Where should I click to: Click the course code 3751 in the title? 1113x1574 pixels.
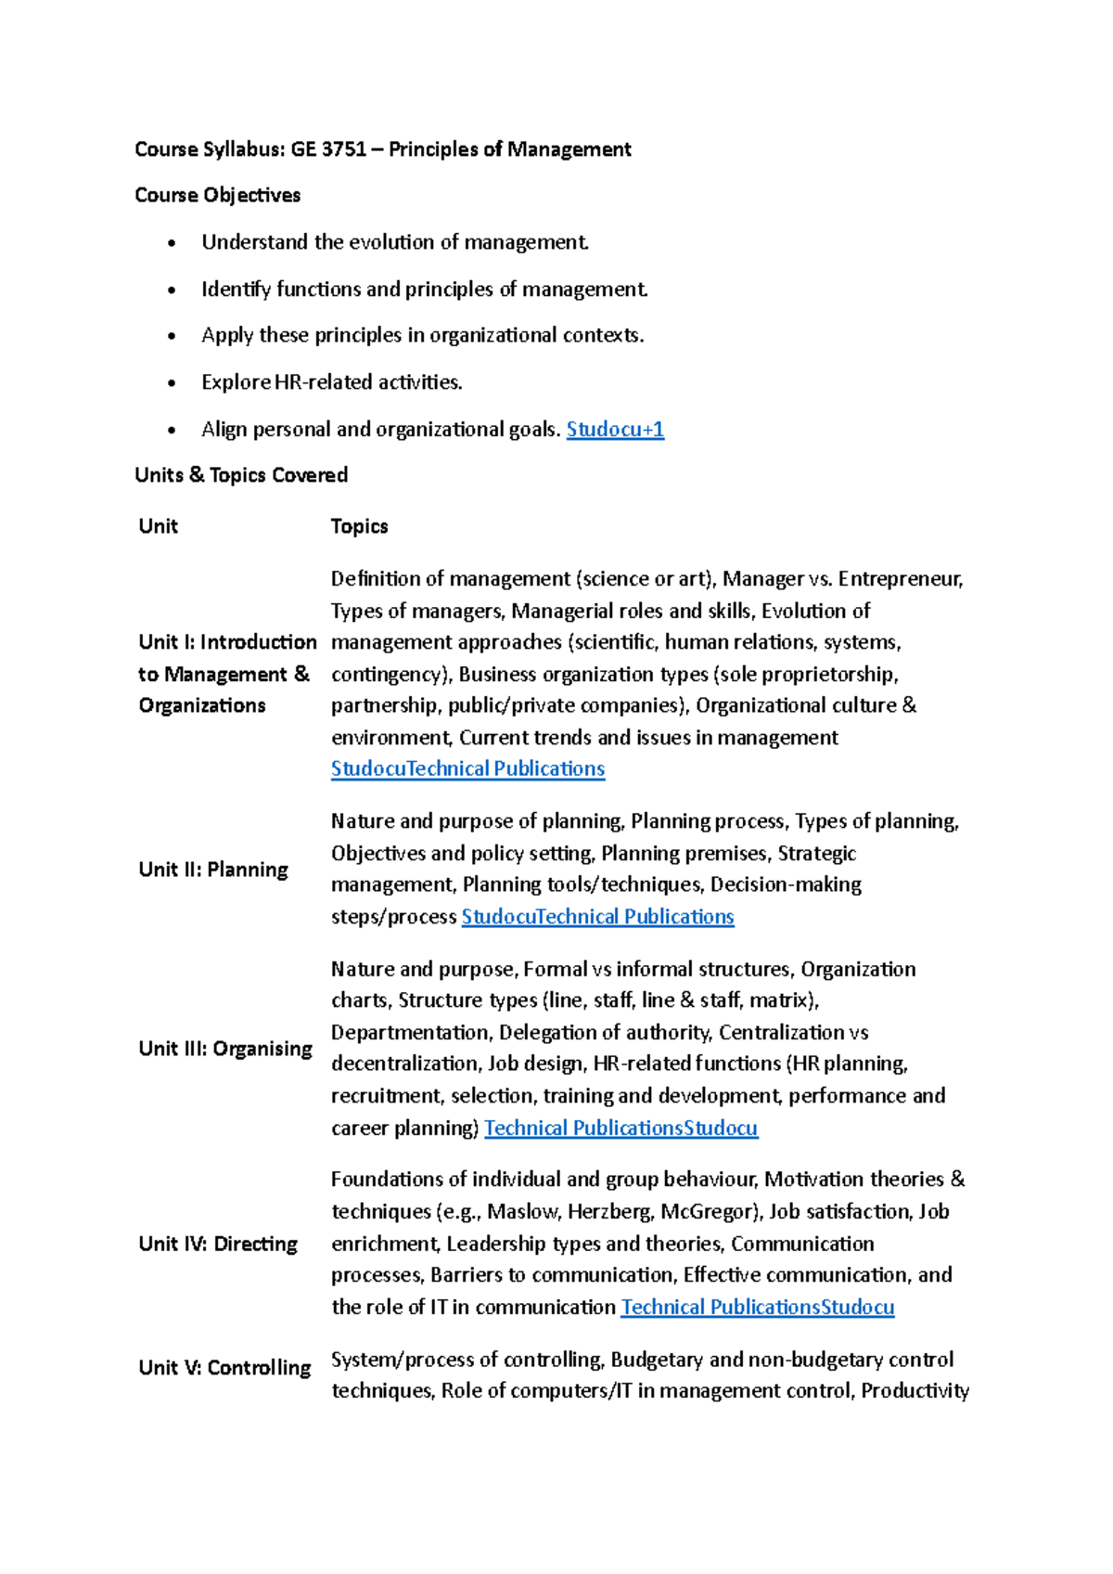[343, 149]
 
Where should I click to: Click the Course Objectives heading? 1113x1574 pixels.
[218, 195]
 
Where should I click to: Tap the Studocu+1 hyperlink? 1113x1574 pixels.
[615, 429]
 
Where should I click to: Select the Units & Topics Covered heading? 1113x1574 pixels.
[241, 475]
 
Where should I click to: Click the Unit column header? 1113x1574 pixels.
[158, 526]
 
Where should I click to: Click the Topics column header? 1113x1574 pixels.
[359, 526]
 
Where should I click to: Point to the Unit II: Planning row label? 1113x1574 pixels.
[213, 870]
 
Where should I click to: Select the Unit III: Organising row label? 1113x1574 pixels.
[225, 1049]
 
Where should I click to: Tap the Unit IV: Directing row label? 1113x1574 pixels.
[218, 1244]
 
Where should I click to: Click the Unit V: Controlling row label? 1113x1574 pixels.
[224, 1368]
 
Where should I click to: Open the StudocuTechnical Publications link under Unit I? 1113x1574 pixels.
[467, 768]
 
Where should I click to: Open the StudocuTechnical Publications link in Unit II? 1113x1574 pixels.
[597, 917]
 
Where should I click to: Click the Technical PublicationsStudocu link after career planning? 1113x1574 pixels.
[620, 1128]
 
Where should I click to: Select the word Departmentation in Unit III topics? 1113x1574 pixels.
[411, 1032]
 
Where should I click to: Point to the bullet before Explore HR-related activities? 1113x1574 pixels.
[172, 383]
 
